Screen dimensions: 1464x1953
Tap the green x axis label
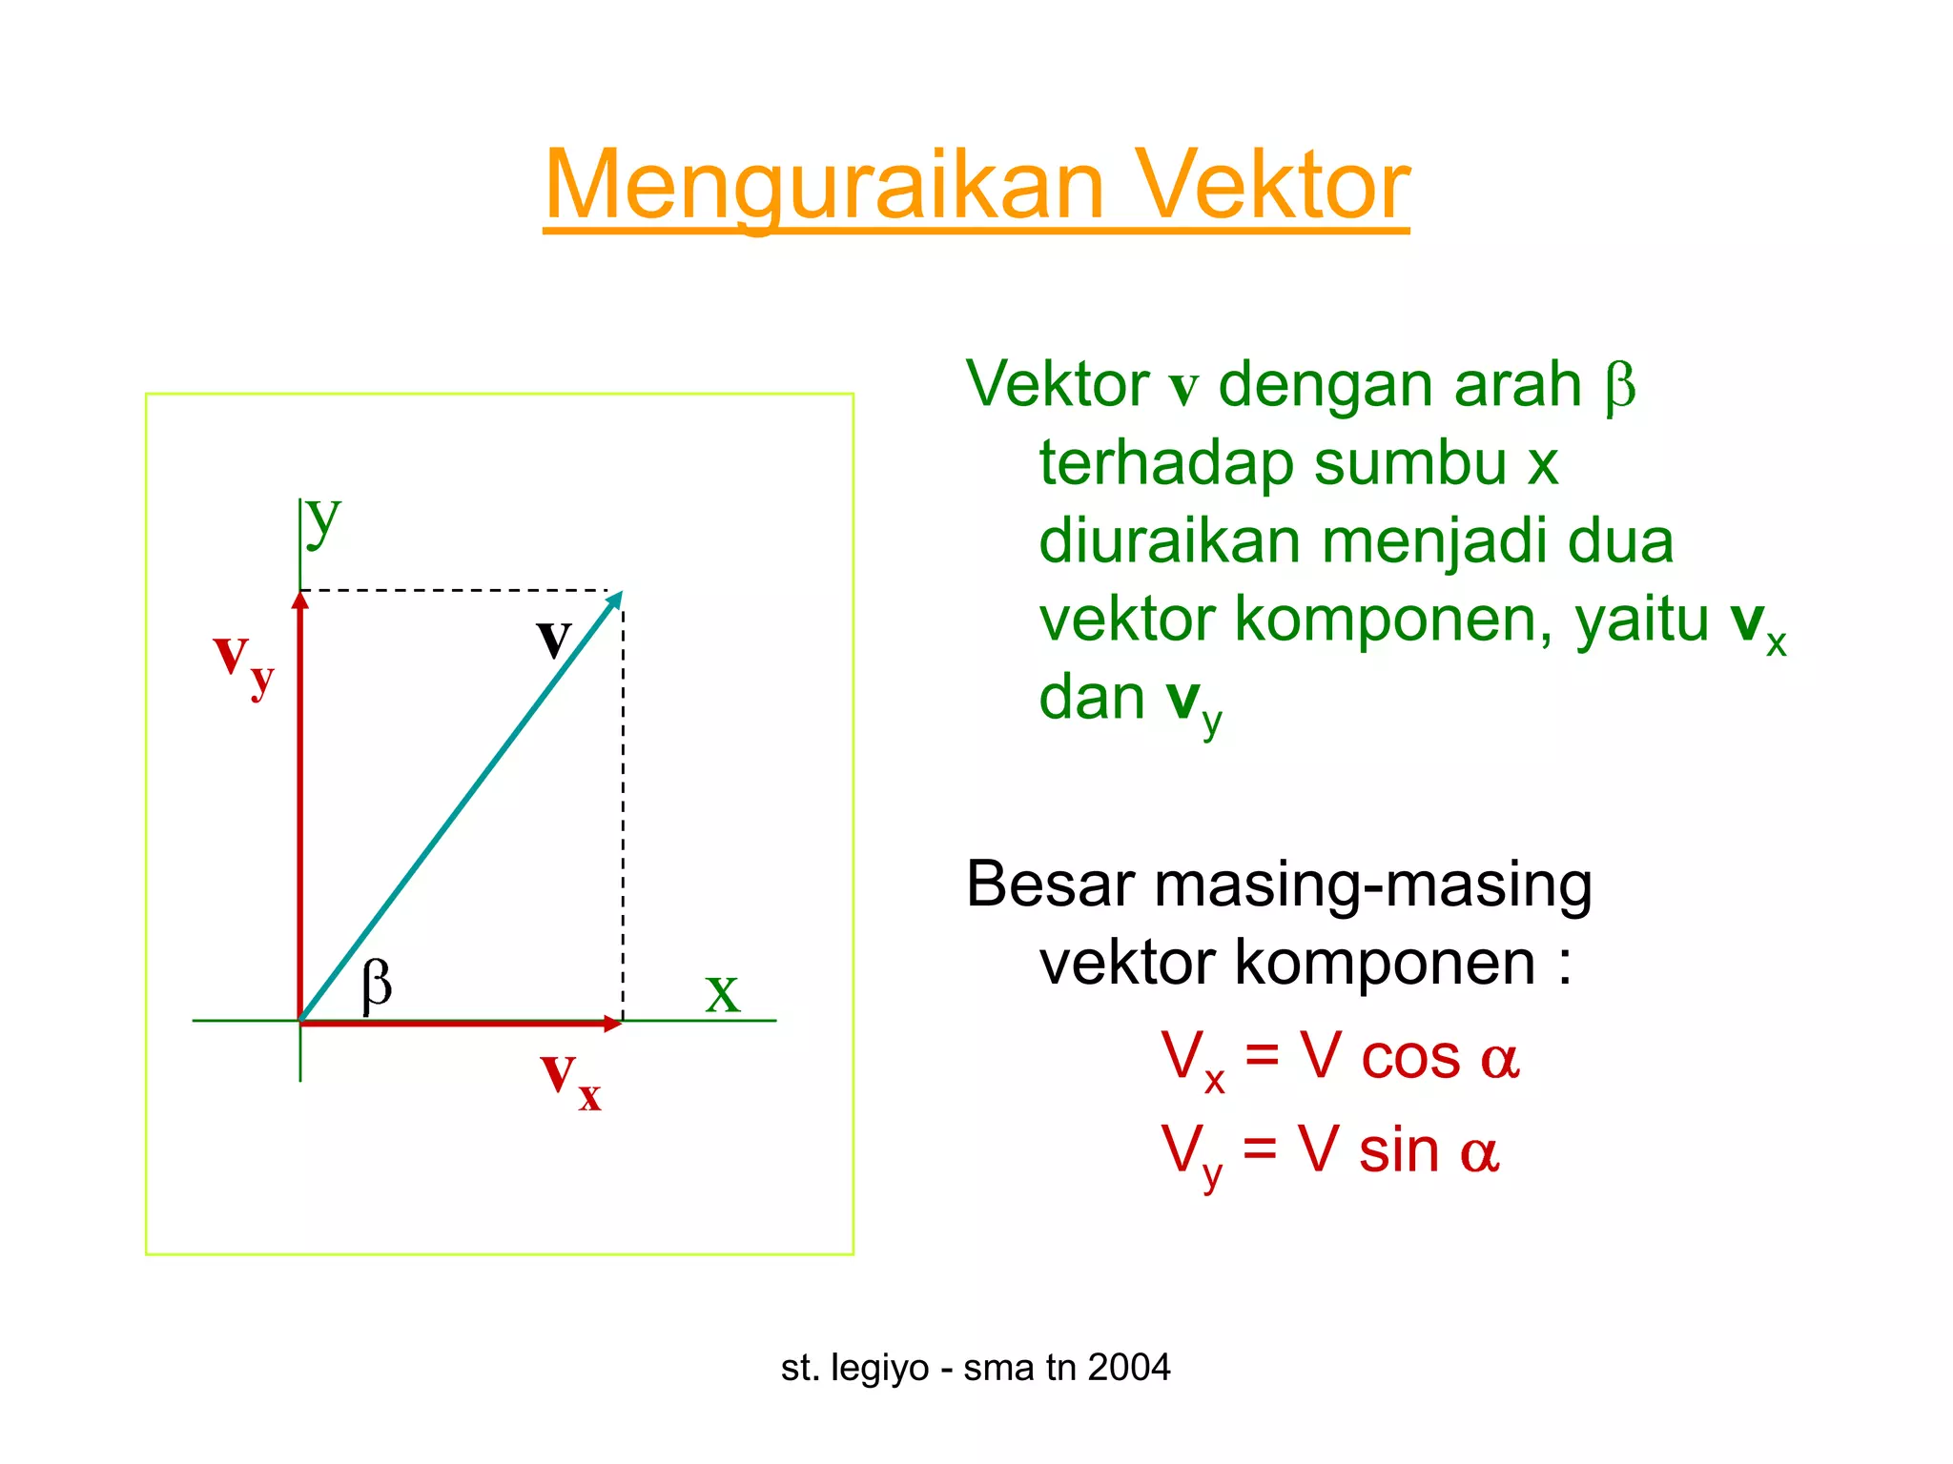pos(722,994)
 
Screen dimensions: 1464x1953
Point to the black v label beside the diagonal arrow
pos(553,638)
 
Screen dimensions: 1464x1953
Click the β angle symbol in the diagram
pos(377,984)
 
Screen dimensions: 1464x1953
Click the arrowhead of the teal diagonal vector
pos(615,600)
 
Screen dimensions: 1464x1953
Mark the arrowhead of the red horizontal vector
pos(612,1024)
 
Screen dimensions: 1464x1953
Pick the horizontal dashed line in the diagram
pos(458,591)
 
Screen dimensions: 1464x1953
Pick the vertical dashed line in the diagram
pos(623,810)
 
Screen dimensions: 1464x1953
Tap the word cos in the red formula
pos(1410,1058)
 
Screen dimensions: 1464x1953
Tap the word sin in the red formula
pos(1399,1150)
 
